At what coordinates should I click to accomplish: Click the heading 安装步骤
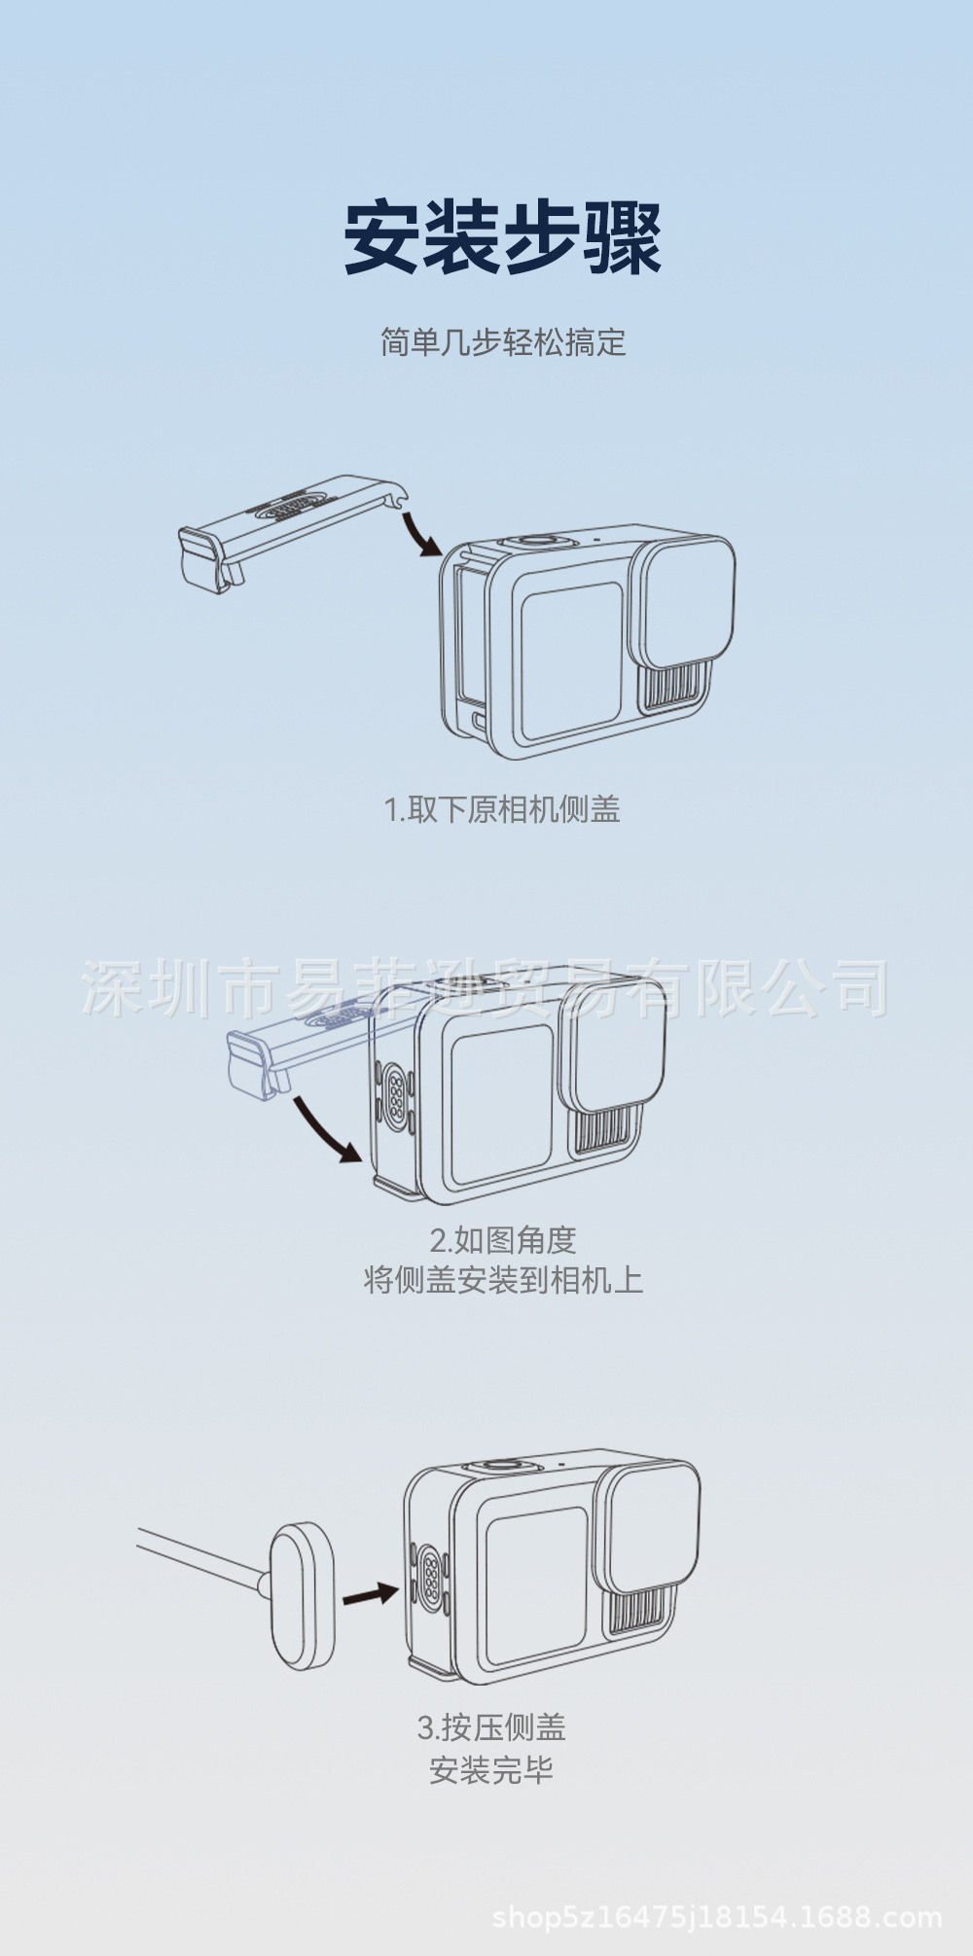coord(502,237)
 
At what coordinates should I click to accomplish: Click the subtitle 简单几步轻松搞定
coord(502,342)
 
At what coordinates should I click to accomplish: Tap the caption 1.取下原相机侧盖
coord(502,809)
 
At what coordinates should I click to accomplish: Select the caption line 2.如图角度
coord(503,1240)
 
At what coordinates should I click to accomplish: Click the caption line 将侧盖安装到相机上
coord(503,1280)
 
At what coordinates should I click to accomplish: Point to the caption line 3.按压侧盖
coord(491,1727)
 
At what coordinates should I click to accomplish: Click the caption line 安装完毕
coord(491,1769)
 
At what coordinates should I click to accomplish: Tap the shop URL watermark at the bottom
coord(717,1918)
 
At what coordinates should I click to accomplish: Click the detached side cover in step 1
coord(282,530)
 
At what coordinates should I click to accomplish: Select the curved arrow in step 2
coord(326,1128)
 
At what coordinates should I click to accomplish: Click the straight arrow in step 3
coord(370,1594)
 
